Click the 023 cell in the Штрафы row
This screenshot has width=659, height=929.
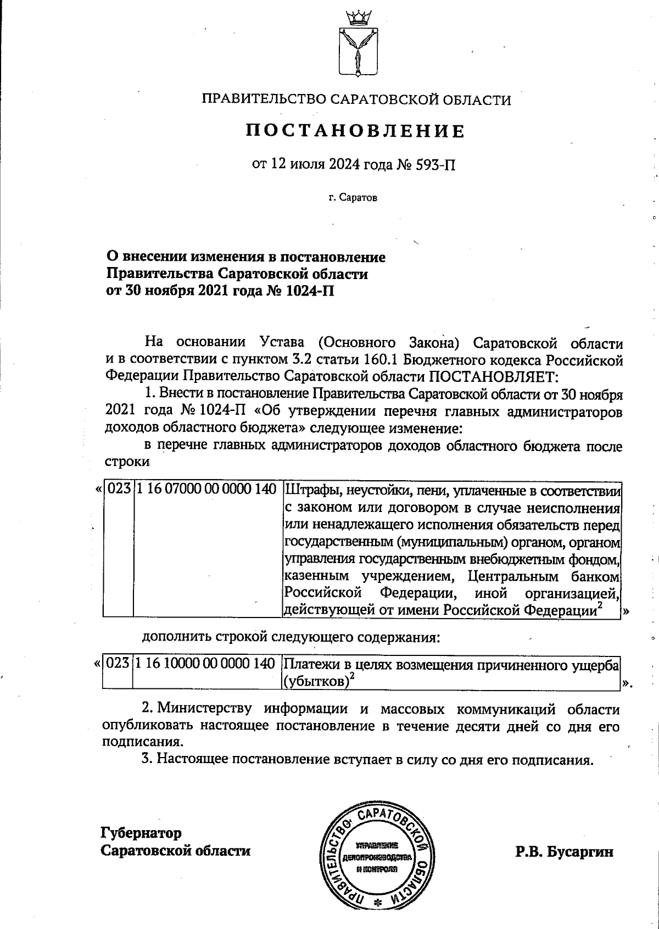[118, 489]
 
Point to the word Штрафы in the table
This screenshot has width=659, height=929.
[309, 489]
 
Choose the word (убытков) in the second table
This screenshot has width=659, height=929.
[315, 681]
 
